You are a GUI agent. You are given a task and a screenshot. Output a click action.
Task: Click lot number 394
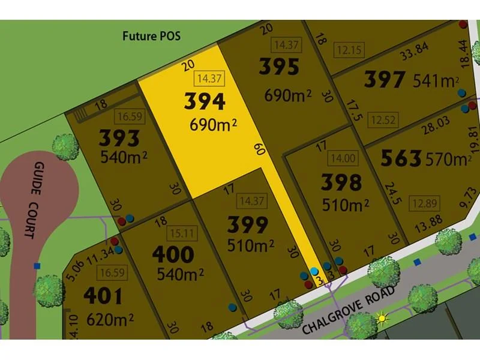click(x=205, y=101)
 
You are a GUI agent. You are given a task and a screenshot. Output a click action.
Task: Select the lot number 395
click(x=279, y=67)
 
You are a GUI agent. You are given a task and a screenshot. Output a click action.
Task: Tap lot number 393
click(x=119, y=139)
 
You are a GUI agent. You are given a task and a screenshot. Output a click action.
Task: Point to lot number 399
click(x=247, y=226)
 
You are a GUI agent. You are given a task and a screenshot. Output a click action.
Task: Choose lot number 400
click(x=173, y=254)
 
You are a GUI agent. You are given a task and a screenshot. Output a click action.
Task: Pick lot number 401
click(x=103, y=296)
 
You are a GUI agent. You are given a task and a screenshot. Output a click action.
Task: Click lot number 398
click(x=341, y=181)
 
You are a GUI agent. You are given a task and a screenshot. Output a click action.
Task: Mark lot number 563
click(x=401, y=158)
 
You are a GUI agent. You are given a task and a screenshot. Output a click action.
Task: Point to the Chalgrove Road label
click(x=349, y=311)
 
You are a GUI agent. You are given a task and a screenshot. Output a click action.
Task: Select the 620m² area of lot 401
click(x=109, y=319)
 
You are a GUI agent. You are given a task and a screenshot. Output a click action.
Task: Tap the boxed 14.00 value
click(x=340, y=159)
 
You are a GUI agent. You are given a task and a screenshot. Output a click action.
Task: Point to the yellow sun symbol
click(x=380, y=318)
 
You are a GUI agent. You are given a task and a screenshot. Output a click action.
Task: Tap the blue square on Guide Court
click(x=37, y=266)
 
